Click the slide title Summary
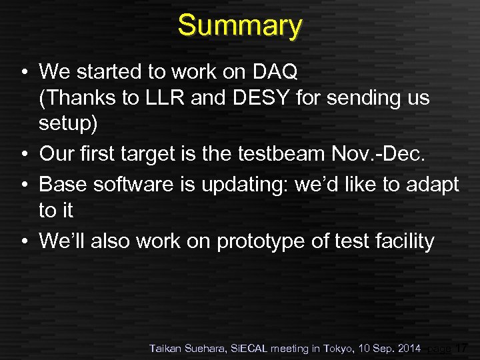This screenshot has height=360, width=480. [x=240, y=25]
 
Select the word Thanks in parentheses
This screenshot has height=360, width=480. [x=79, y=98]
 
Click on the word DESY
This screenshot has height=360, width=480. [x=265, y=98]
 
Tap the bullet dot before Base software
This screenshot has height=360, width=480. [x=23, y=183]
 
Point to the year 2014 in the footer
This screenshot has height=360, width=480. [x=408, y=348]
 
